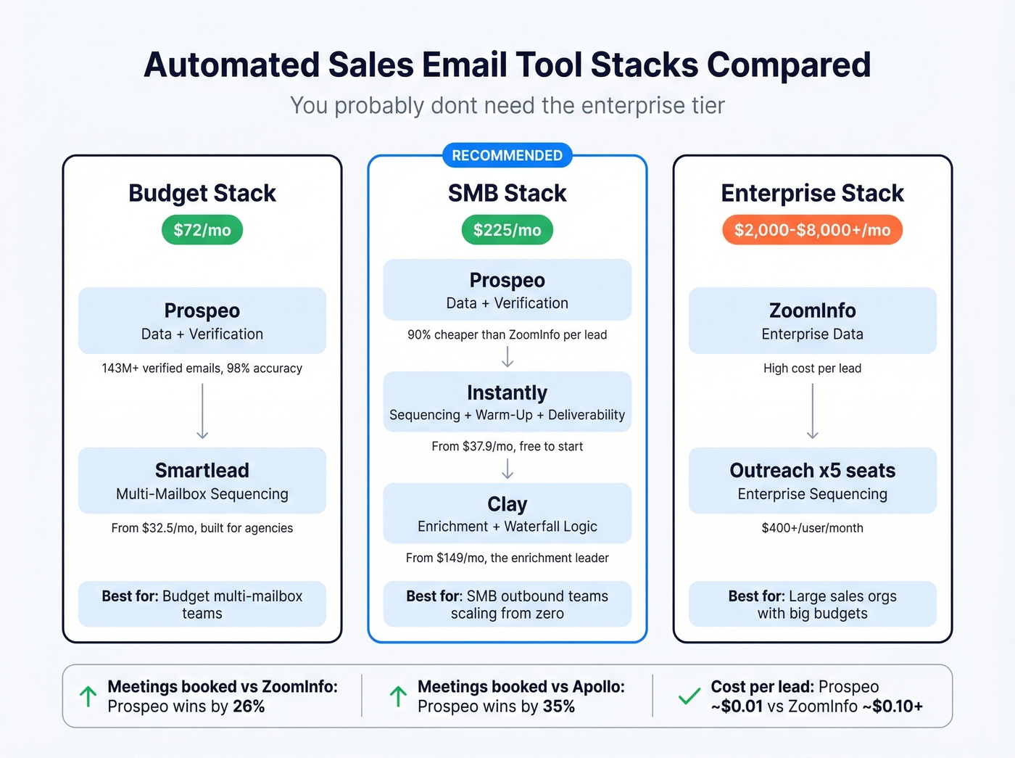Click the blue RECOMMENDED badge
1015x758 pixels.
(x=507, y=155)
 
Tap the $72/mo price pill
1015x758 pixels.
(x=202, y=230)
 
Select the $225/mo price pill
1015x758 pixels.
(x=507, y=230)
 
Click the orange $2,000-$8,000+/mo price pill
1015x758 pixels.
(x=812, y=230)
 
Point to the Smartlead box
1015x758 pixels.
(x=202, y=480)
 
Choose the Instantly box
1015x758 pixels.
(x=507, y=402)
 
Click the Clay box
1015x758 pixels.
(x=507, y=513)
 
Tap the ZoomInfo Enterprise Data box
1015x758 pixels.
(x=812, y=321)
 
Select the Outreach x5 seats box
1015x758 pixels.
(x=812, y=480)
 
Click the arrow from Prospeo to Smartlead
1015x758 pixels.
(x=202, y=411)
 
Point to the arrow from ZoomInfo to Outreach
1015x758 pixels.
(x=812, y=411)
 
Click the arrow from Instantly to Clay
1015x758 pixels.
(x=507, y=470)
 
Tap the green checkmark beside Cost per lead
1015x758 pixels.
(x=689, y=696)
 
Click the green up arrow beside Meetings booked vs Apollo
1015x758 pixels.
(x=398, y=696)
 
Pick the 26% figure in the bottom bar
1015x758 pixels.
(x=249, y=706)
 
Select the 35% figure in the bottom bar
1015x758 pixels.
(x=559, y=706)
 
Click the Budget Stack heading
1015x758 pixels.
(x=202, y=193)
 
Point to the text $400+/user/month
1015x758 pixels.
(x=812, y=528)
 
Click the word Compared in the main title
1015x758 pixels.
(x=789, y=65)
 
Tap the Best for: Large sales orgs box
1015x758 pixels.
(x=812, y=604)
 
